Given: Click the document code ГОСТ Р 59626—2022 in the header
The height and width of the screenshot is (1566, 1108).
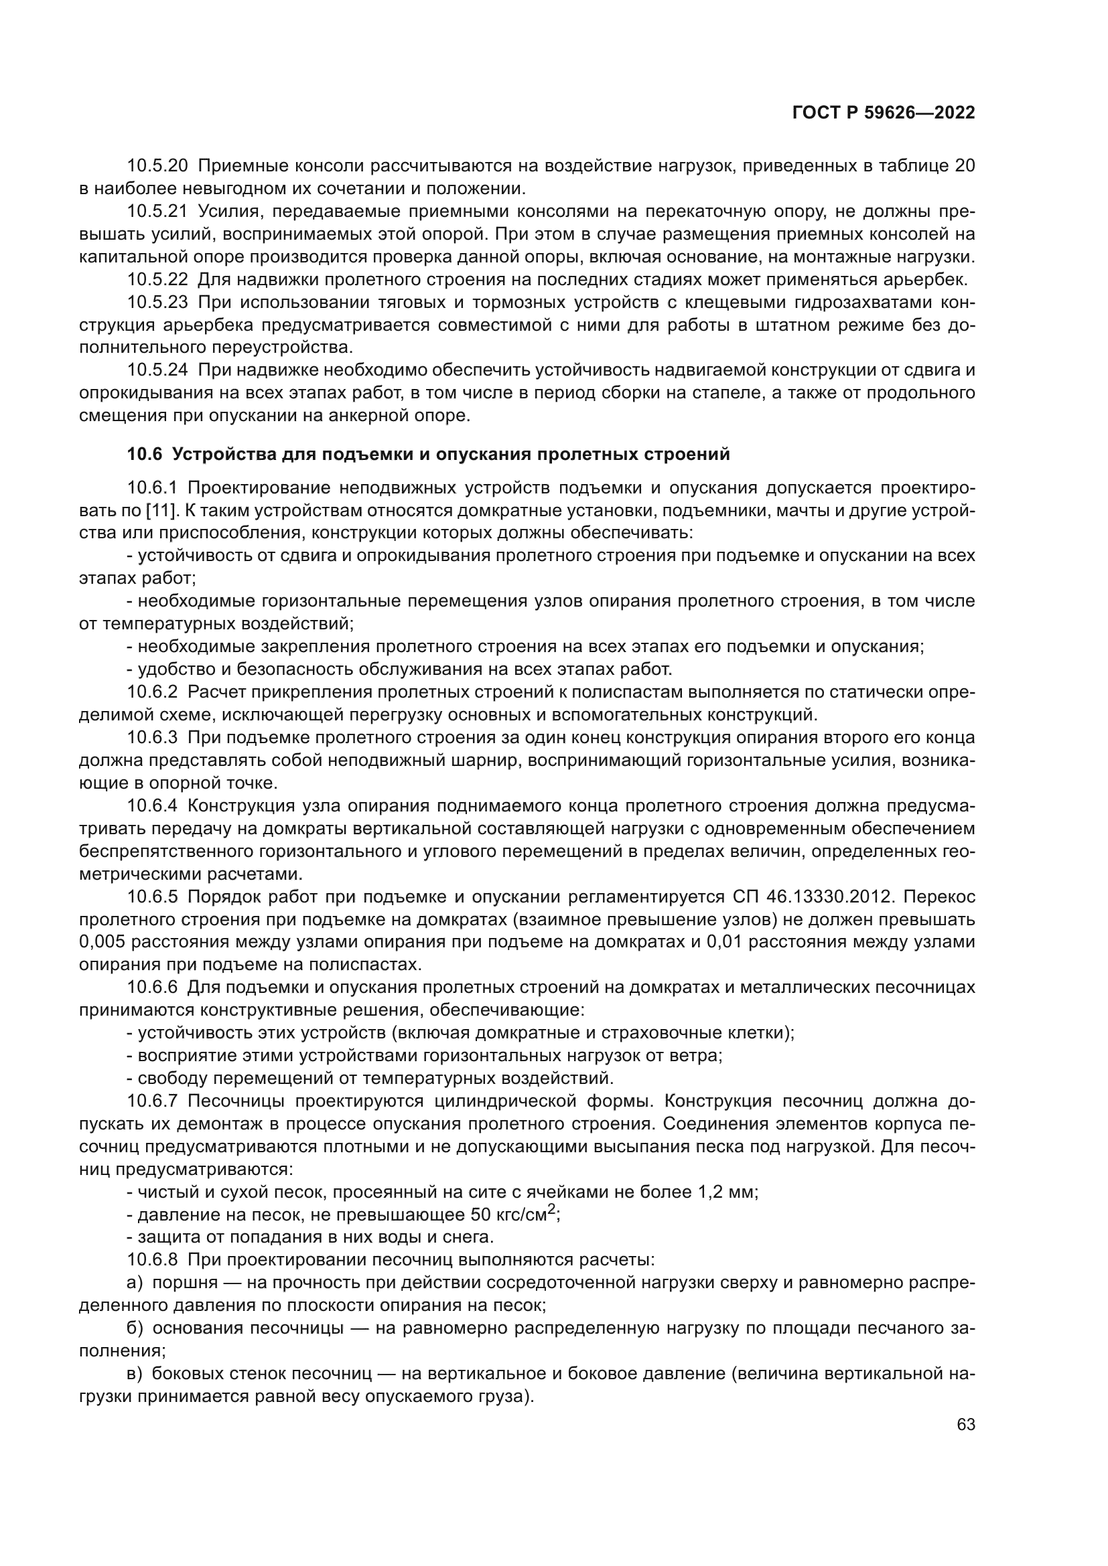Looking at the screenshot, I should (883, 113).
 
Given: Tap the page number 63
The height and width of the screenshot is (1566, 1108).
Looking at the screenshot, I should (965, 1425).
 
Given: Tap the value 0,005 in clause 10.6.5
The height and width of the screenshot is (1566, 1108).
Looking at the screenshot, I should (102, 942).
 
